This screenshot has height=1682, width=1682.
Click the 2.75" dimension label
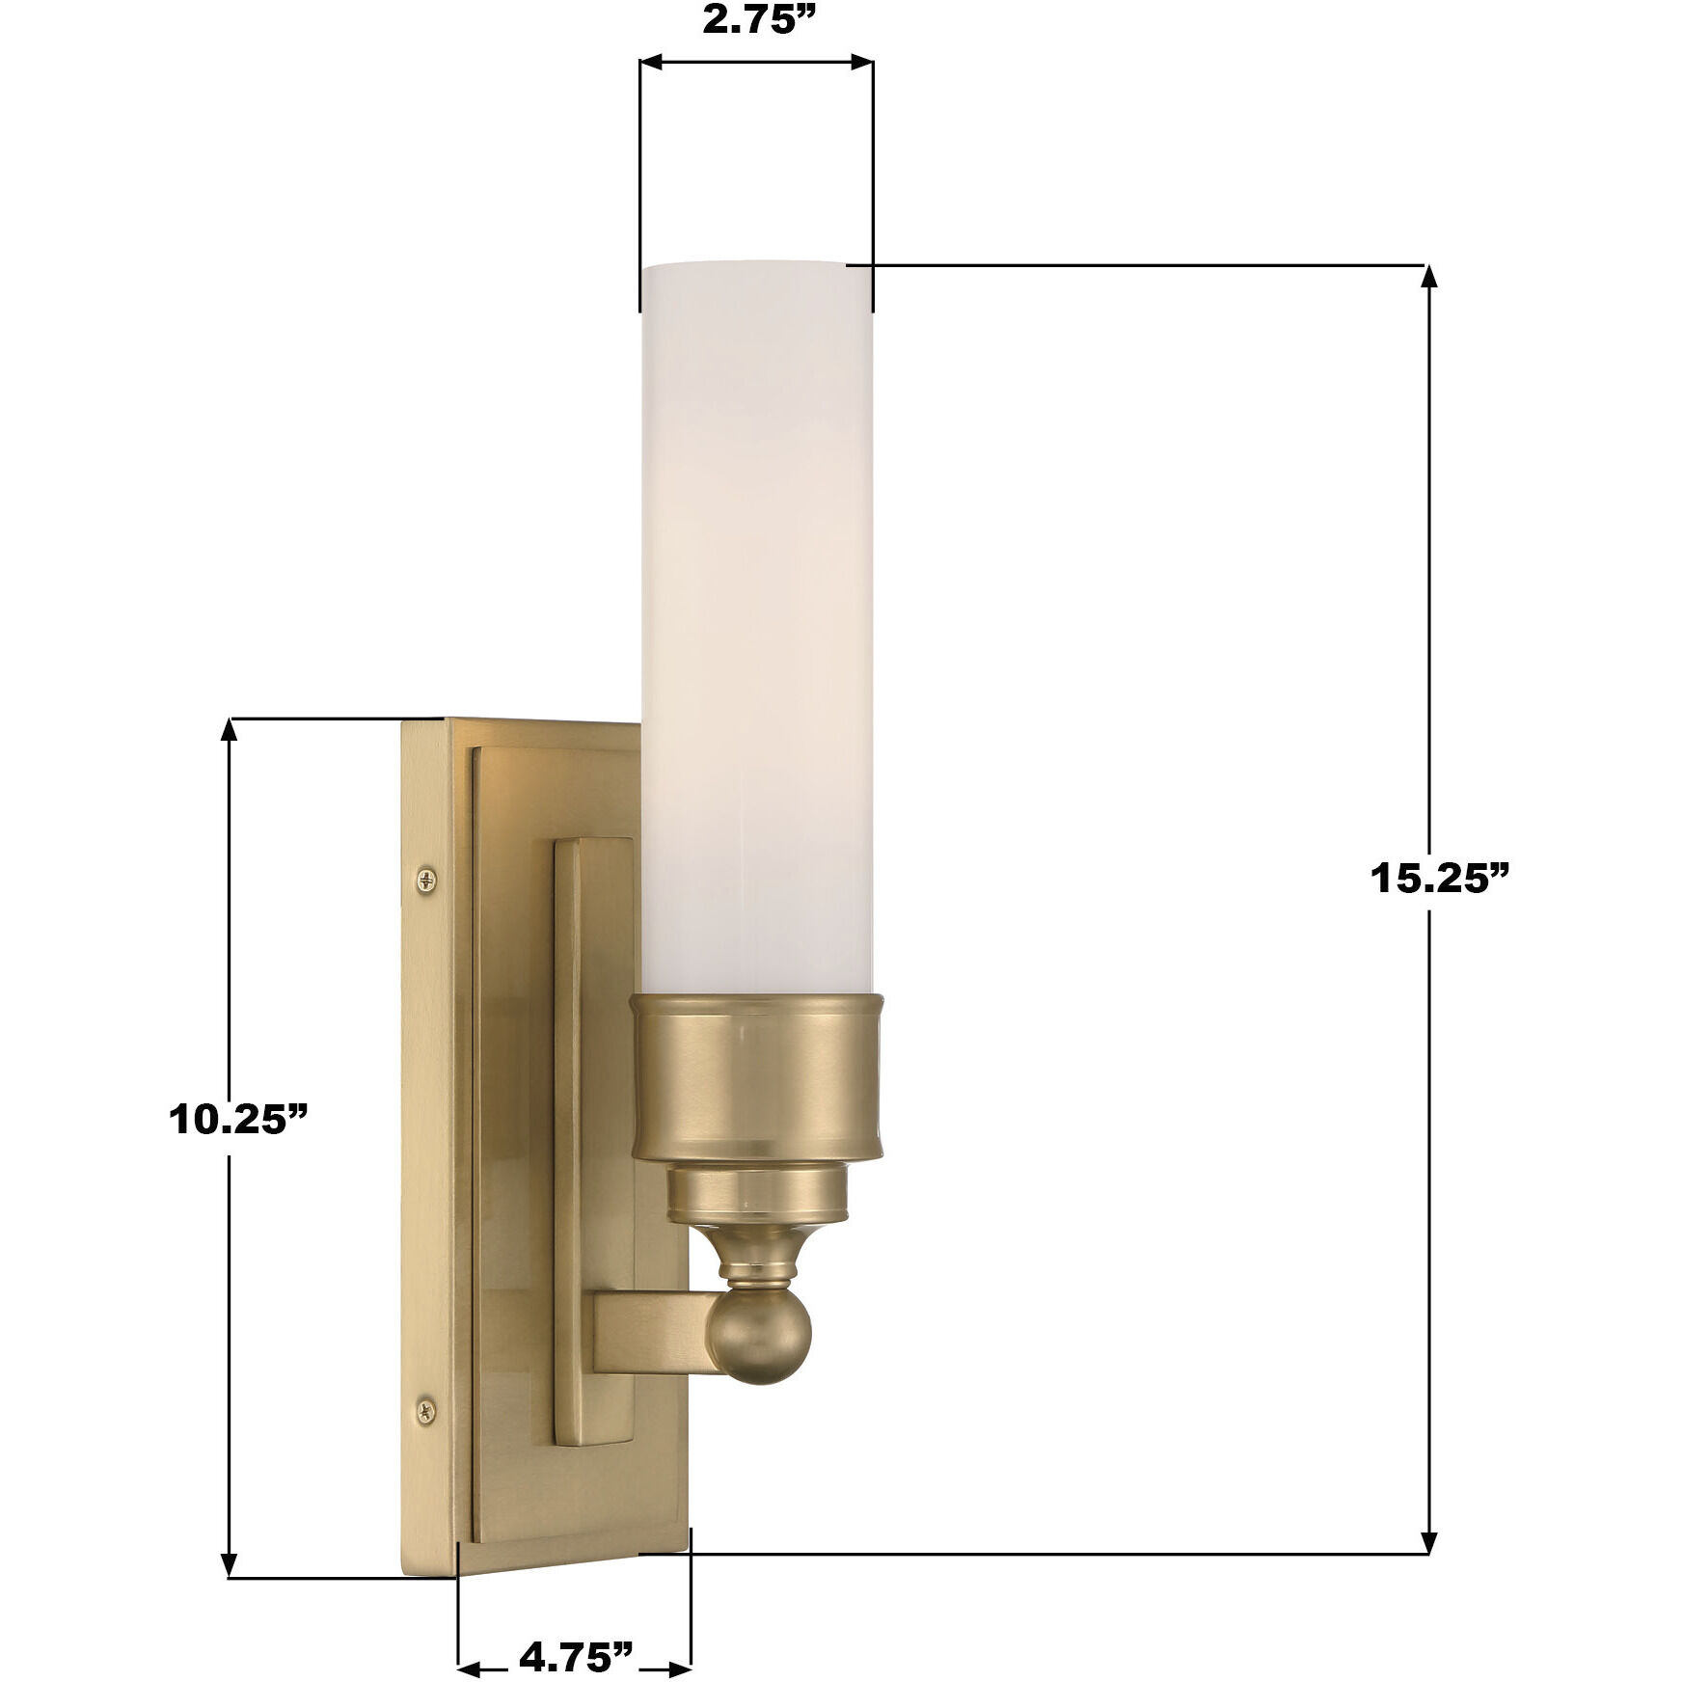pos(755,21)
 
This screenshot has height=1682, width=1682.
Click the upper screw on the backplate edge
pos(428,878)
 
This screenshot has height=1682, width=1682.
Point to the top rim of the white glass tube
pos(756,265)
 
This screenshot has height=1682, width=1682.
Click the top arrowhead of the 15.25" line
pos(1429,277)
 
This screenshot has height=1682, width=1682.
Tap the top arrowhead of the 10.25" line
pos(229,730)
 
